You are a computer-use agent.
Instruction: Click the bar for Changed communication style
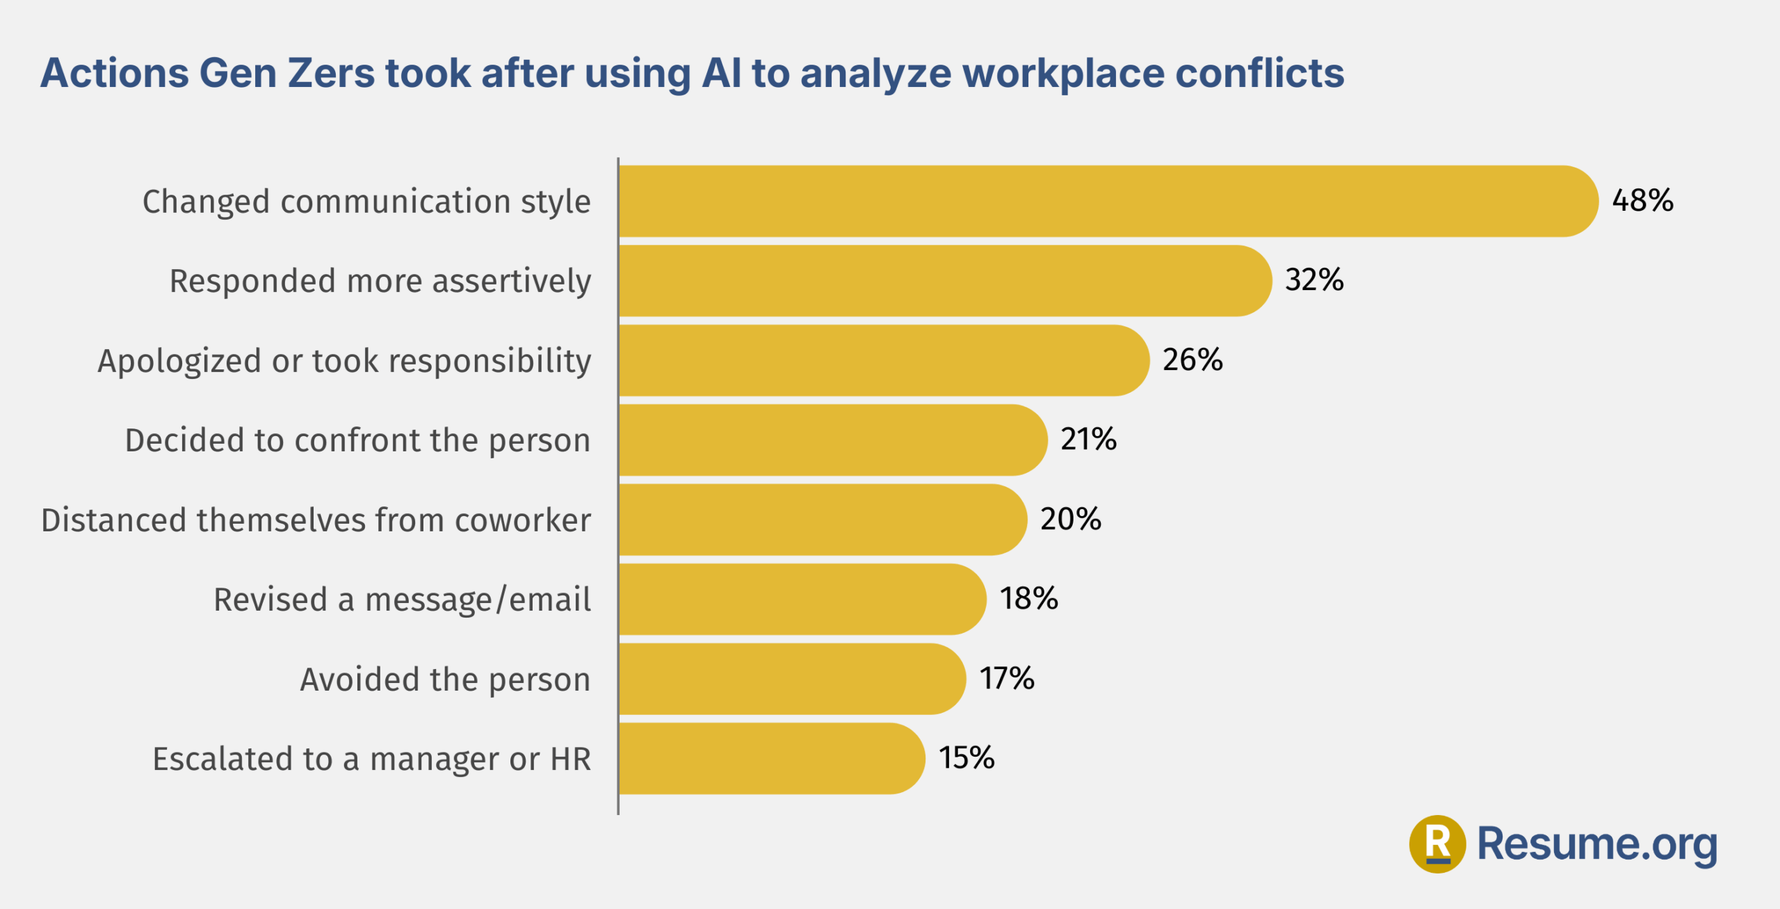click(1106, 201)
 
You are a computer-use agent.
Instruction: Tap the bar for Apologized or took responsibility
click(883, 360)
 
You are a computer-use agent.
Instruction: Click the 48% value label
click(1642, 200)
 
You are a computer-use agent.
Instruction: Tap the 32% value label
click(1314, 280)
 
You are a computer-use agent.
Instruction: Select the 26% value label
click(1192, 360)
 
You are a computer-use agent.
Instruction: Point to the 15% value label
click(966, 758)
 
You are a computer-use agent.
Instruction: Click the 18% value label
click(1028, 599)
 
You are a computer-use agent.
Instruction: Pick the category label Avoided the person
click(445, 679)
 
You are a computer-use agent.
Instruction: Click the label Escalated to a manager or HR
click(371, 759)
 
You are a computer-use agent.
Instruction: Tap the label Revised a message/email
click(402, 600)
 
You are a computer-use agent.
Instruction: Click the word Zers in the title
click(331, 73)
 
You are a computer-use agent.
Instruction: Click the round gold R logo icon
click(1437, 844)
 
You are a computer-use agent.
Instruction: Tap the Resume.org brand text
click(1596, 844)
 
